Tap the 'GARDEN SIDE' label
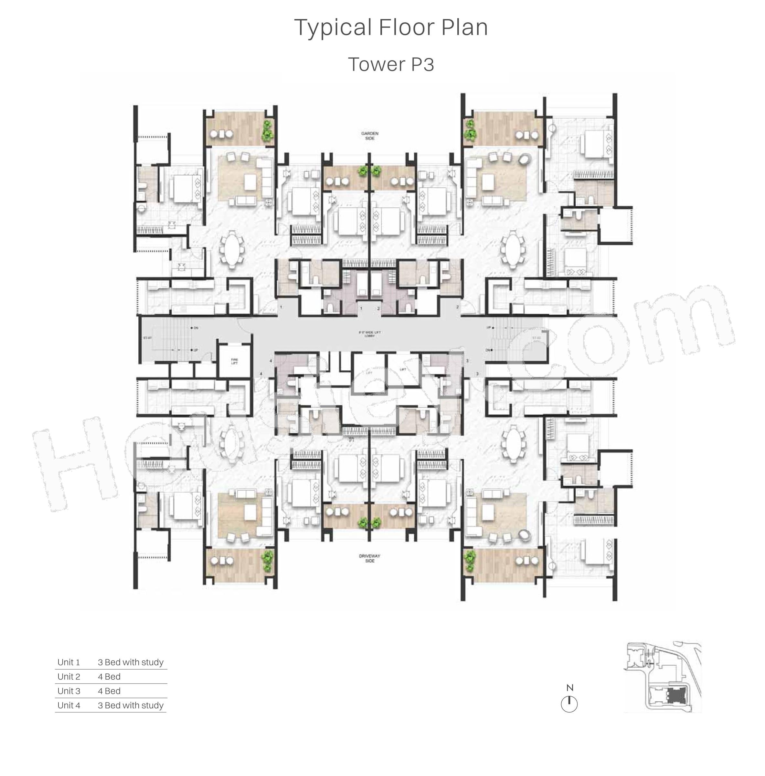pos(369,136)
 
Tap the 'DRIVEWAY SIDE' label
pos(369,558)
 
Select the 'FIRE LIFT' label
pos(234,361)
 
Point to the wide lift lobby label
pos(369,334)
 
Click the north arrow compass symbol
pos(569,704)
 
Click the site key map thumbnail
pos(662,677)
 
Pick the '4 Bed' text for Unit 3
pos(109,691)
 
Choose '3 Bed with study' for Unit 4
pos(131,705)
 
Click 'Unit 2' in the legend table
pos(69,677)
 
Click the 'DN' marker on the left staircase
pos(196,328)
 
